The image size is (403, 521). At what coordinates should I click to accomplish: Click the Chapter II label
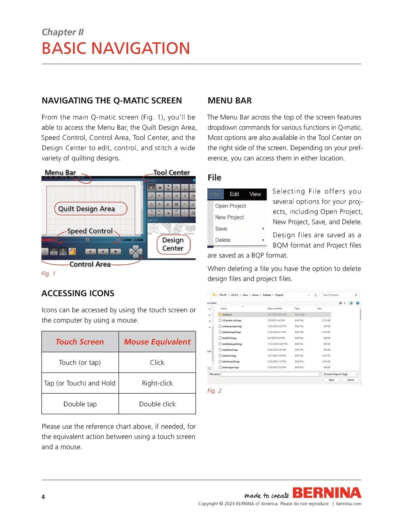pos(63,32)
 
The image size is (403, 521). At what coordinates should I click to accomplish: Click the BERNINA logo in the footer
pos(327,493)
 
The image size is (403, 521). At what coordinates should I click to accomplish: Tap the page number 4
pos(43,497)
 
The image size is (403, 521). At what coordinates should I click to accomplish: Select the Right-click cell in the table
pos(157,383)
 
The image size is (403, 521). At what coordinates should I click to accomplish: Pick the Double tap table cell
pos(80,404)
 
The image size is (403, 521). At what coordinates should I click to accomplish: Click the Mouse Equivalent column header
pos(157,342)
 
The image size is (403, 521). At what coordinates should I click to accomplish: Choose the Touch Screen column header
pos(80,342)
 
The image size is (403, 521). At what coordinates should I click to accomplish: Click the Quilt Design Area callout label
pos(86,209)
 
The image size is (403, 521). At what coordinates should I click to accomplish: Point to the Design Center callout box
pos(172,244)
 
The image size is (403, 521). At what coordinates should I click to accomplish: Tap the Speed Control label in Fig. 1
pos(90,231)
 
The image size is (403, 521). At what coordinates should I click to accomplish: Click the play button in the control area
pos(91,251)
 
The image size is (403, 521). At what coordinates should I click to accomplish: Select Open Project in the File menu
pos(231,206)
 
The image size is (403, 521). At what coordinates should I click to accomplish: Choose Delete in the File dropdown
pos(223,240)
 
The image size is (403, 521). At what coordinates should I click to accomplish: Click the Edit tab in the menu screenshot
pos(234,194)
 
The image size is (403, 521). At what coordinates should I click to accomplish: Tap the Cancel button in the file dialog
pos(351,380)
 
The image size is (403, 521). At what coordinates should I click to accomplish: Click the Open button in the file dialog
pos(331,380)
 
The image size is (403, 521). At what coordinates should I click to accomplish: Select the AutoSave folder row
pos(227,315)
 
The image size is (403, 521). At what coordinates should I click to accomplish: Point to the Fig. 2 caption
pos(214,391)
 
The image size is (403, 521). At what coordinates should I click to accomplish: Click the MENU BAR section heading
pos(230,101)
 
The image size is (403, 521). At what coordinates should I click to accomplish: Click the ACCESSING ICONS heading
pos(78,293)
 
